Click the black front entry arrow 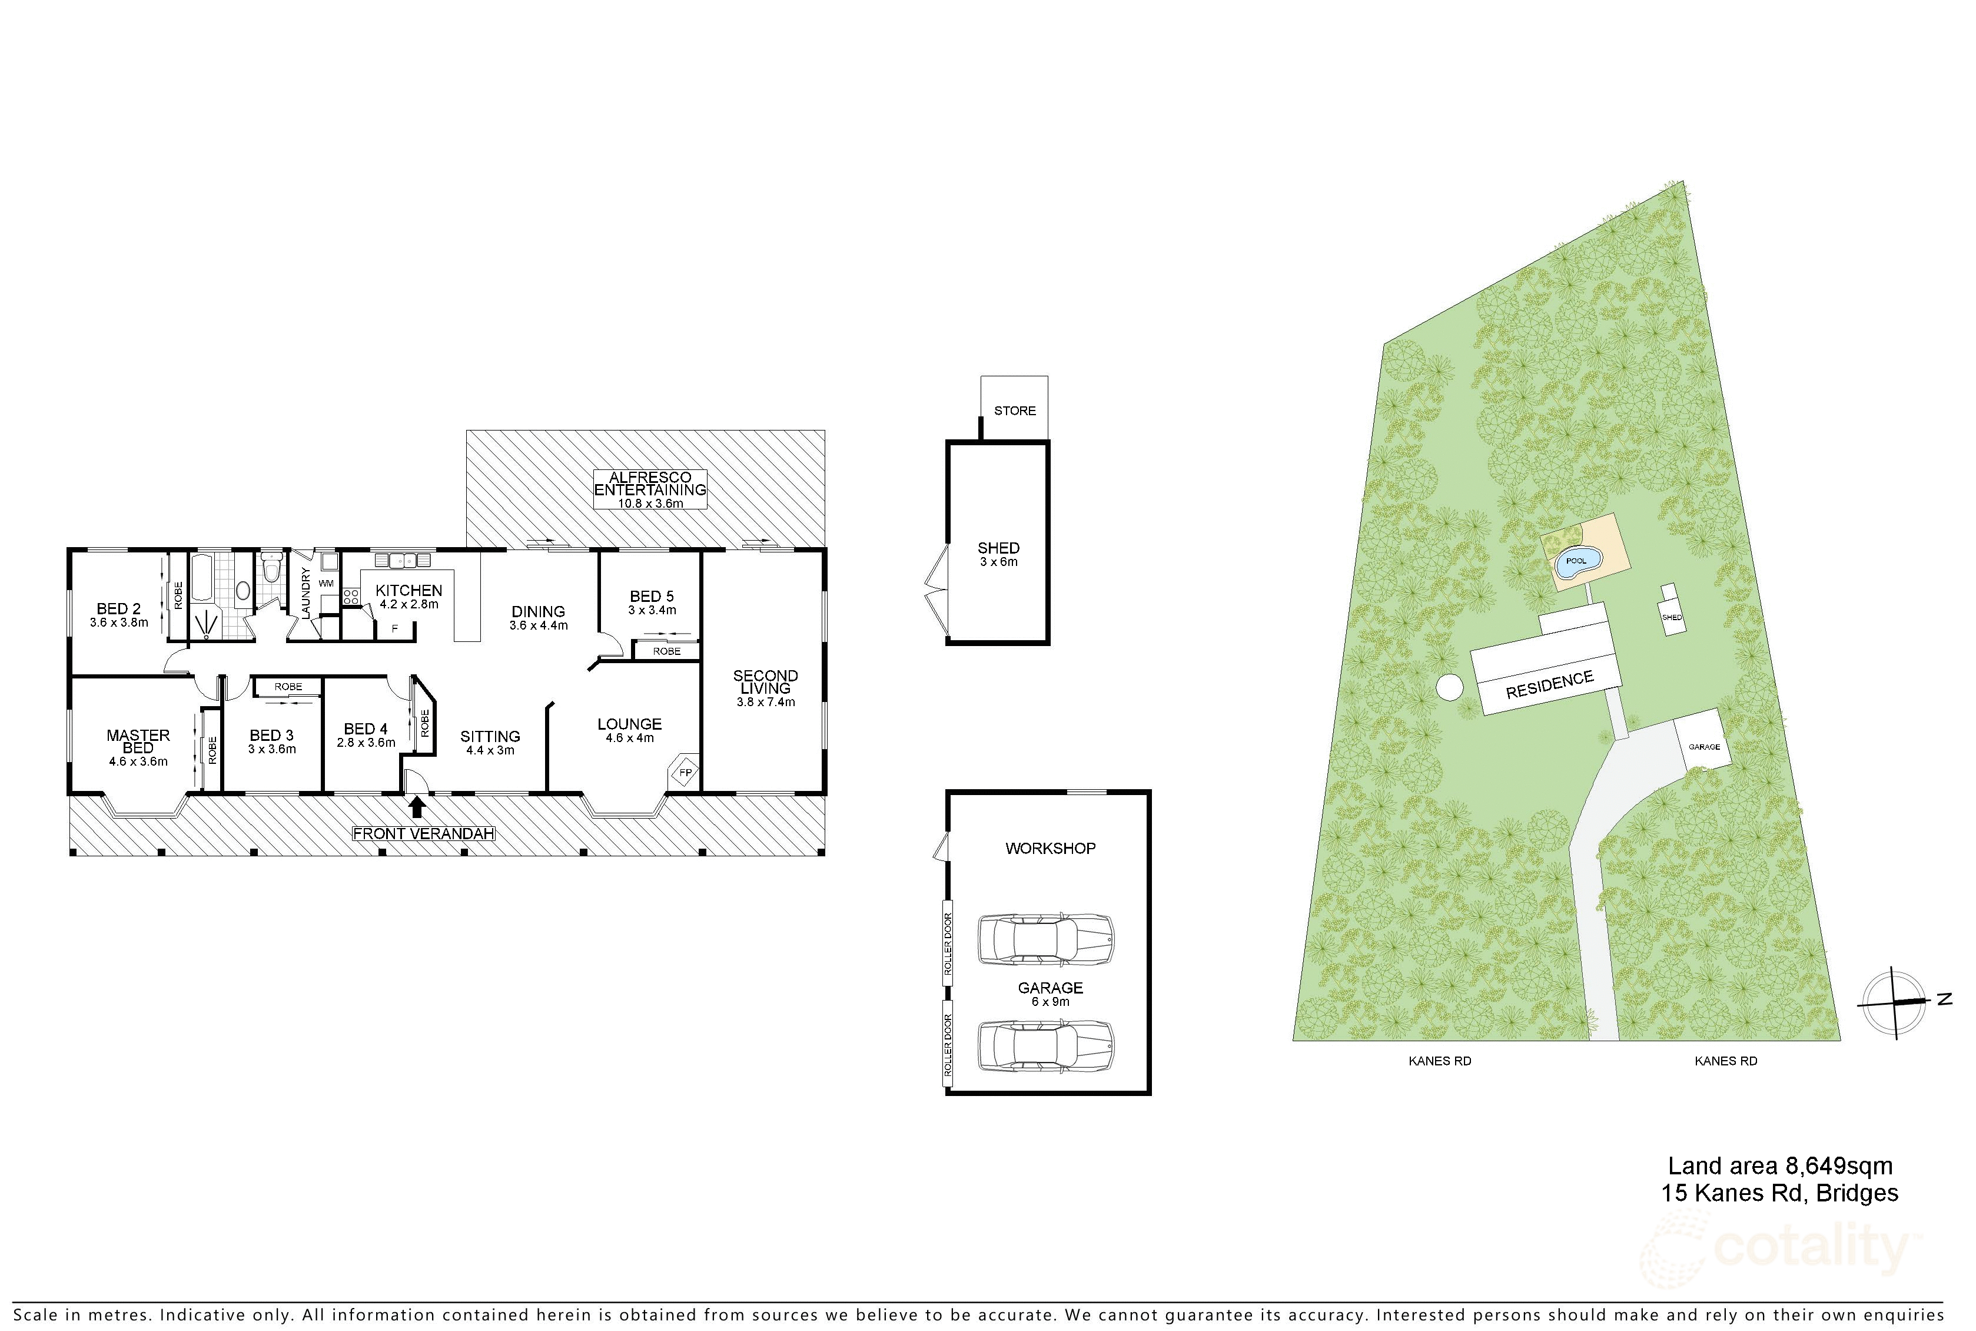tap(417, 806)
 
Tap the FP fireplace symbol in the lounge tap(685, 773)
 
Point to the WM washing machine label tap(326, 583)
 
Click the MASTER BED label tap(138, 741)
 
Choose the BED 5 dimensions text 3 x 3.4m tap(652, 610)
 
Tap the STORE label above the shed tap(1015, 411)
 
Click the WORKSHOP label tap(1050, 848)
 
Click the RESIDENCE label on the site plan tap(1549, 684)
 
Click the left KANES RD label tap(1440, 1061)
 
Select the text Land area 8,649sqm tap(1780, 1166)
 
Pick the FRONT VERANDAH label tap(423, 833)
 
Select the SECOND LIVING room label tap(765, 681)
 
